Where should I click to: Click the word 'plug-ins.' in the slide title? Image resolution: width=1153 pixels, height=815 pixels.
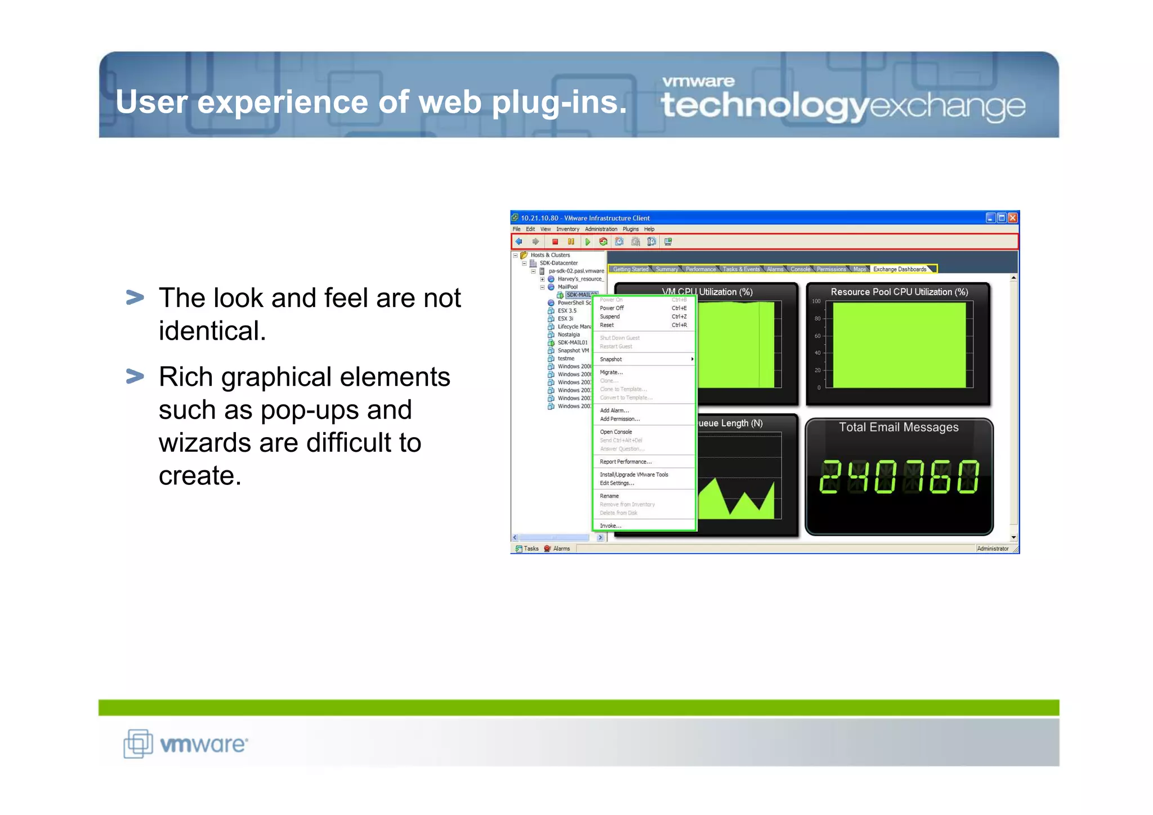click(559, 103)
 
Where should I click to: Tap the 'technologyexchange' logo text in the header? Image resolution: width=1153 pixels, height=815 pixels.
click(843, 105)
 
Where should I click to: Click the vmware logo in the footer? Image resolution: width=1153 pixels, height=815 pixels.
click(186, 743)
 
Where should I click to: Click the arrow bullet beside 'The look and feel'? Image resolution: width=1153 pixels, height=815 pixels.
click(135, 297)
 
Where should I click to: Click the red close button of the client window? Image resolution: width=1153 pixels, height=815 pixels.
click(1012, 218)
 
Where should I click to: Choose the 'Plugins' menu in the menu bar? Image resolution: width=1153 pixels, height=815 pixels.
click(631, 229)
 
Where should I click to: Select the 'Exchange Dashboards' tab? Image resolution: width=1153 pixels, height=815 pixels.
click(899, 269)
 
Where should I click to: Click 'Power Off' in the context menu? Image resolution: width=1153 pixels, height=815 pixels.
click(611, 308)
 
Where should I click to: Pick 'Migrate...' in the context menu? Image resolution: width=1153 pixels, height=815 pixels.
click(611, 372)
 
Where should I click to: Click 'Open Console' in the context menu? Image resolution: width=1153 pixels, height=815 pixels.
click(615, 432)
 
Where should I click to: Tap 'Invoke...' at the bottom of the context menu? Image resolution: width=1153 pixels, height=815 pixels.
click(610, 526)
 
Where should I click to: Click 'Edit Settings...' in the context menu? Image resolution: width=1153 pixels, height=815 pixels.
click(616, 483)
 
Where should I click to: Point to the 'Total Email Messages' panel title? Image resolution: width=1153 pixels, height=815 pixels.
click(899, 427)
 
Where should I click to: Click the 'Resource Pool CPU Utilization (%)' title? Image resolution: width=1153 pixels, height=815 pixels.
click(899, 292)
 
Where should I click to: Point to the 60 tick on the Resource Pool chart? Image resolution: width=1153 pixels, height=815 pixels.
click(817, 336)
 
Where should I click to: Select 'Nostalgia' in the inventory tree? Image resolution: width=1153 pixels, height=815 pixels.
click(568, 335)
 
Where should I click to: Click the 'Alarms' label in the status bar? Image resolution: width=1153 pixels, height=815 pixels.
click(561, 549)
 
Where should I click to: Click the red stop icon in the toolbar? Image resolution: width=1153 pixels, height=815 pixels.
click(555, 242)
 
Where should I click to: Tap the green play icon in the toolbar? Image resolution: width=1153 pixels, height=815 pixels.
click(587, 242)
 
